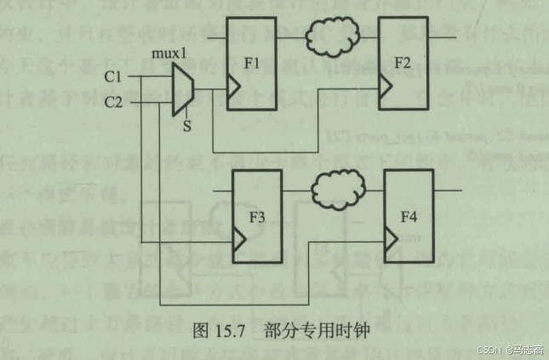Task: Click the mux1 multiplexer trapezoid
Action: tap(183, 88)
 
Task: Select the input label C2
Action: tap(114, 103)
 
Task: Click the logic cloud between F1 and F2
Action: tap(328, 37)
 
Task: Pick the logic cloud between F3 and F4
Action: tap(337, 186)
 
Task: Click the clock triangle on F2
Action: tap(386, 86)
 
